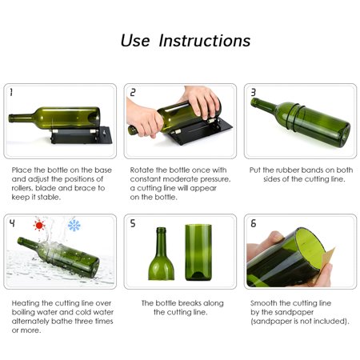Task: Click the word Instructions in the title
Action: [205, 41]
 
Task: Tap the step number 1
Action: [11, 93]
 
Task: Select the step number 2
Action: [132, 93]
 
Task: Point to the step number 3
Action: [253, 93]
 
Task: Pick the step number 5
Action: [132, 223]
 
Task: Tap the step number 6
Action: [253, 223]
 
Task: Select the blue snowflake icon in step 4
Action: [74, 226]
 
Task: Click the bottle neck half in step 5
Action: [160, 256]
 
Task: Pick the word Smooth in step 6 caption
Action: [266, 303]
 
